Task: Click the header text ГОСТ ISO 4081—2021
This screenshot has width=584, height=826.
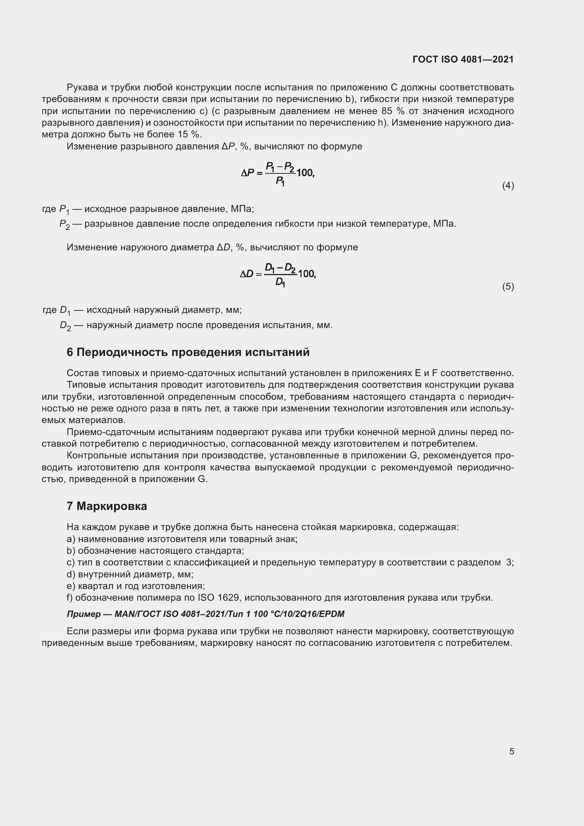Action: (x=463, y=60)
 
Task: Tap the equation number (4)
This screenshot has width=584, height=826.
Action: (x=508, y=186)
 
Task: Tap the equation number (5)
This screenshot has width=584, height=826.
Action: (x=508, y=287)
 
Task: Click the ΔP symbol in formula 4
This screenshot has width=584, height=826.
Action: (x=247, y=173)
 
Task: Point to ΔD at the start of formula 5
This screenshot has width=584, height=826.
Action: (x=246, y=274)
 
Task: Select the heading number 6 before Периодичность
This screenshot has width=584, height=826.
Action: (x=70, y=352)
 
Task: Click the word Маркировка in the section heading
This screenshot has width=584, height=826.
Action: (x=112, y=506)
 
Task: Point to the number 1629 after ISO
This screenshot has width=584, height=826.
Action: (x=228, y=598)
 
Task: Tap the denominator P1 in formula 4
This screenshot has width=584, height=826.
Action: (x=280, y=181)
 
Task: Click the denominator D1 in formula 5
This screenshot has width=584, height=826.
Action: (x=280, y=283)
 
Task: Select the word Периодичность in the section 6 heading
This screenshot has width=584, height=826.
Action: (x=122, y=352)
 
